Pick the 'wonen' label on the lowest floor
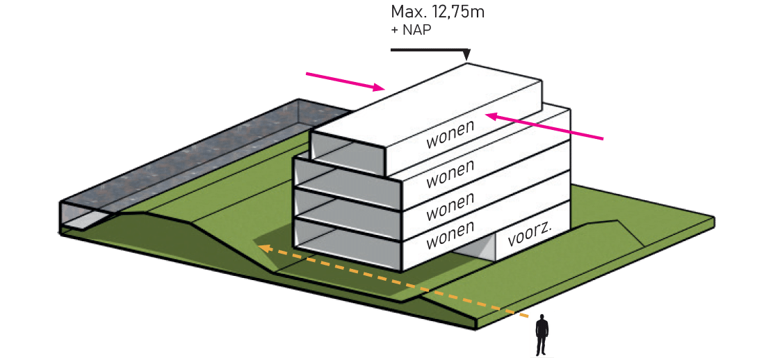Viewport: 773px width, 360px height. click(x=450, y=234)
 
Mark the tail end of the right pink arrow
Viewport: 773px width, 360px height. click(x=603, y=138)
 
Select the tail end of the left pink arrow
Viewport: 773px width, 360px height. click(x=307, y=72)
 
